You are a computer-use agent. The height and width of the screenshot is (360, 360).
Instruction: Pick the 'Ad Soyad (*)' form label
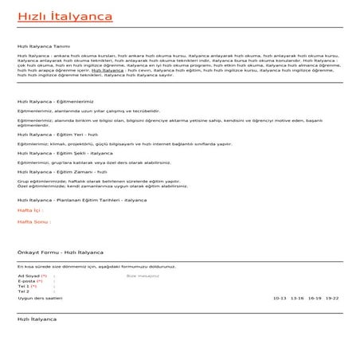(32, 274)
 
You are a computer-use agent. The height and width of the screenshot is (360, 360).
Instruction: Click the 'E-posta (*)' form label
(30, 280)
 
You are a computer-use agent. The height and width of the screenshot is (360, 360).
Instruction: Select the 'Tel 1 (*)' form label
(27, 286)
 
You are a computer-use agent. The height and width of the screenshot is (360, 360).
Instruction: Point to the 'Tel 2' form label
(23, 292)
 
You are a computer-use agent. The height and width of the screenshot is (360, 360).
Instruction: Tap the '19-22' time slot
(332, 297)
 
